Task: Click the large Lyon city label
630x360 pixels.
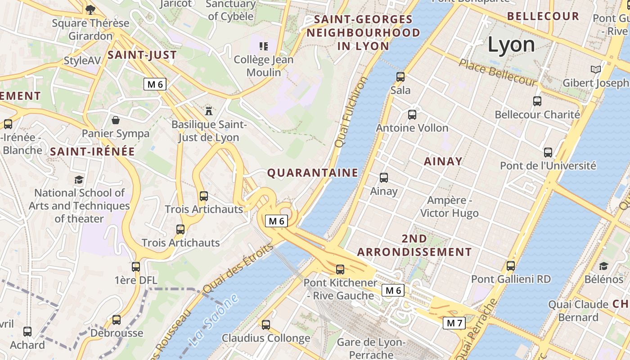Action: point(511,44)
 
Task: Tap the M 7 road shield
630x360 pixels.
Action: point(454,323)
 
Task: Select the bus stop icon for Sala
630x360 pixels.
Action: point(400,77)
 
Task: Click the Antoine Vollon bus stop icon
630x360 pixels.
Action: point(412,115)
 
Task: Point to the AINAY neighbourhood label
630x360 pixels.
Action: point(443,162)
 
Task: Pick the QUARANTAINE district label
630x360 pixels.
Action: point(313,173)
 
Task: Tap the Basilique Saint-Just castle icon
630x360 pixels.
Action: point(209,110)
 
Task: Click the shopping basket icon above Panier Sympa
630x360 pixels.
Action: point(116,120)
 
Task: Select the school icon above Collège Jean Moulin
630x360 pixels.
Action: point(264,46)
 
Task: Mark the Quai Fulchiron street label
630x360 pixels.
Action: point(351,112)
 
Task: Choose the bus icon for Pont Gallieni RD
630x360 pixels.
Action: point(511,265)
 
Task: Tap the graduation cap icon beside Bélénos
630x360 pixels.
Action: point(603,266)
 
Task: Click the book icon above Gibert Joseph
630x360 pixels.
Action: point(596,70)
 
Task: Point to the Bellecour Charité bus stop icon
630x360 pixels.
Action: point(537,101)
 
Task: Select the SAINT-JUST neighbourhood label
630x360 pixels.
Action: point(142,55)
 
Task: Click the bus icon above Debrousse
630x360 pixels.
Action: point(117,320)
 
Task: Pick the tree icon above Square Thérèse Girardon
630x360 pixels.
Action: point(90,9)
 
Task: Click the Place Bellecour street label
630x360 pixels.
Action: point(498,72)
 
